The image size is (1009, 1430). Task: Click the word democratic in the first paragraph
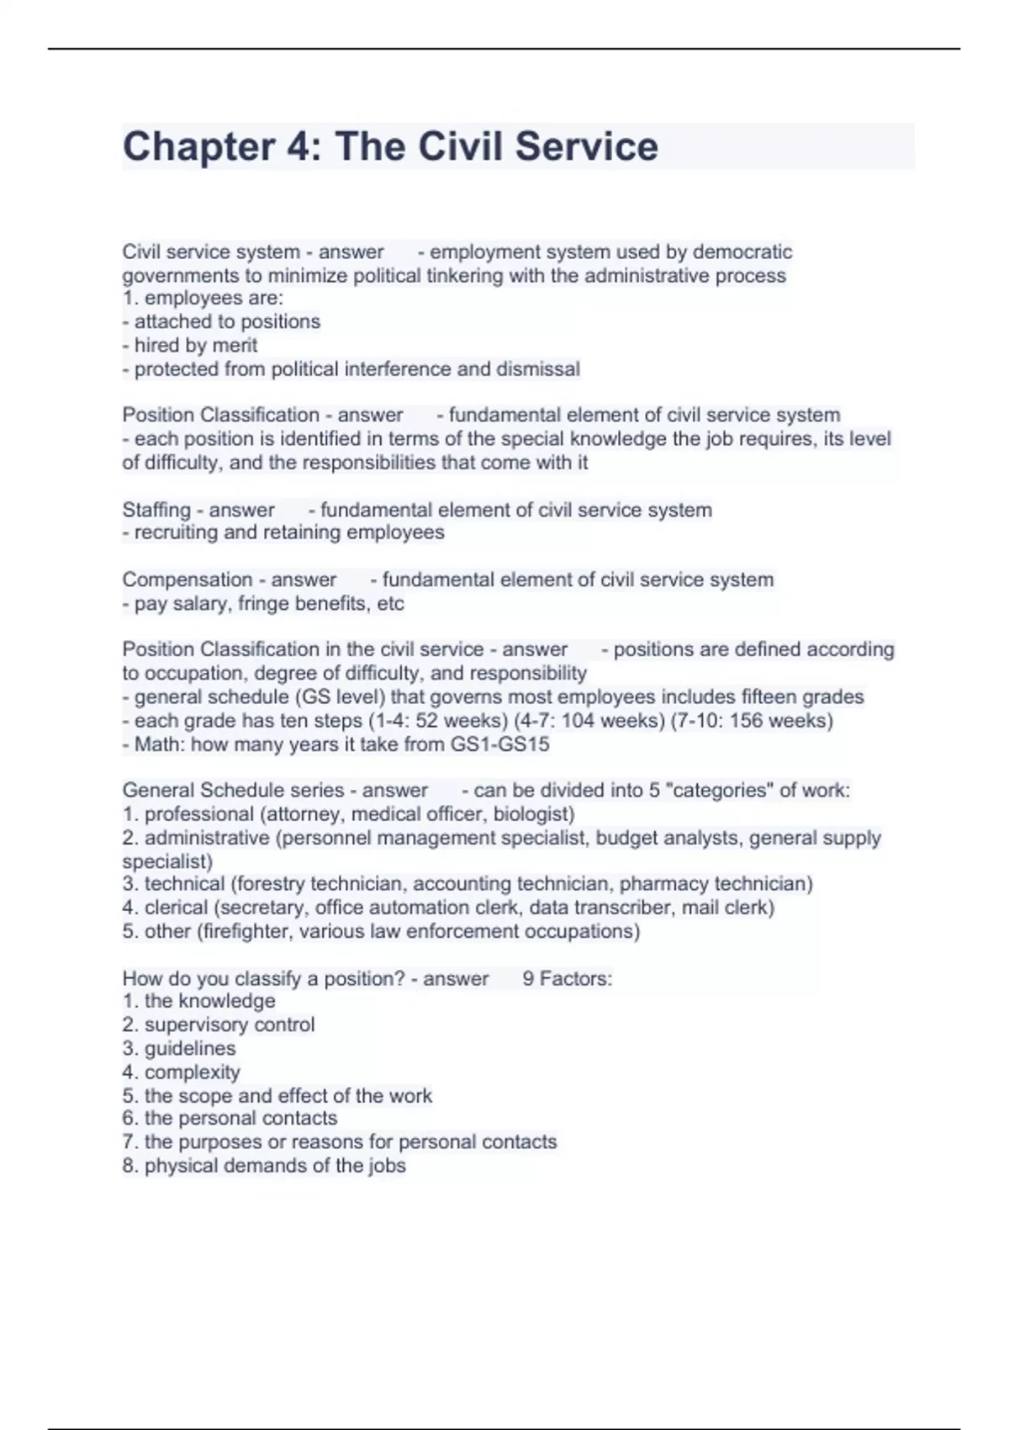click(x=742, y=252)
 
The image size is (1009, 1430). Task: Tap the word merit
click(x=235, y=346)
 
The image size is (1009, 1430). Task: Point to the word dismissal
click(x=538, y=369)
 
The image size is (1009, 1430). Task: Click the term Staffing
click(x=156, y=511)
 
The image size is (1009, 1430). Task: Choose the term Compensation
click(x=187, y=580)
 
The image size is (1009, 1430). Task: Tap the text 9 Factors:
click(x=567, y=979)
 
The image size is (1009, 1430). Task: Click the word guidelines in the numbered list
click(x=190, y=1049)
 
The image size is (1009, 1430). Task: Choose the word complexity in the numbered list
click(x=192, y=1072)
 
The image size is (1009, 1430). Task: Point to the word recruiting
click(x=176, y=532)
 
